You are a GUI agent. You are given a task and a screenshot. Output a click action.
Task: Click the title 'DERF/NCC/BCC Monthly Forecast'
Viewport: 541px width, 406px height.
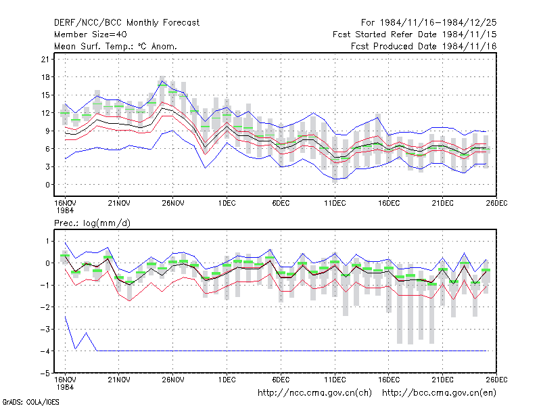126,23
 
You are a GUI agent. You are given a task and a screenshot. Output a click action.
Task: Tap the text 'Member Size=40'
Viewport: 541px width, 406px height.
91,35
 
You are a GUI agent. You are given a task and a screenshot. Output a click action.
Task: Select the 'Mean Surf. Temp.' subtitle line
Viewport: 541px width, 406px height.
116,46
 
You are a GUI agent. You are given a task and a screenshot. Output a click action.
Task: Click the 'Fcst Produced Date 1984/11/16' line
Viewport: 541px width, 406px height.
424,46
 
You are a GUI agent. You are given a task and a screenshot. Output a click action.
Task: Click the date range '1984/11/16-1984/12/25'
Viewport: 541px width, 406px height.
438,23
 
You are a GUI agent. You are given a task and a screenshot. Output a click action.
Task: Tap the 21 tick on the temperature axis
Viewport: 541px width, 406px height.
45,60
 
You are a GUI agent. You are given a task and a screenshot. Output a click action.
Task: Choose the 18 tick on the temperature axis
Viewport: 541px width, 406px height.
45,77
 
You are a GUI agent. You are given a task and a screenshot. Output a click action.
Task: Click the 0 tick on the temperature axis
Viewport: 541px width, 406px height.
47,185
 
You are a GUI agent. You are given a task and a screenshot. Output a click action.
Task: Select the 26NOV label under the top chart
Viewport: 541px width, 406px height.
173,203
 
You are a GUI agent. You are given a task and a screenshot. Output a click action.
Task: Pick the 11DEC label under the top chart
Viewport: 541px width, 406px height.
335,203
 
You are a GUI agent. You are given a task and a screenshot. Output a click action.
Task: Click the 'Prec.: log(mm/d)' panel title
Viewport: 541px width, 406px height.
92,223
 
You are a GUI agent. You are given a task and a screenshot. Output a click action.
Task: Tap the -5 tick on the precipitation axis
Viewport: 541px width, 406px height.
45,374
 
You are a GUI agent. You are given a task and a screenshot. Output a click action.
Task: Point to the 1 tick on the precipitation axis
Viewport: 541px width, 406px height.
47,241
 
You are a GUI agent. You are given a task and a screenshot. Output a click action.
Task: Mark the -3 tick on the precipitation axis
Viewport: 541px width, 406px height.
45,329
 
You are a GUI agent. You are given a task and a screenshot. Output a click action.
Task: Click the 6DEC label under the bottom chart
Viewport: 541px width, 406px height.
281,380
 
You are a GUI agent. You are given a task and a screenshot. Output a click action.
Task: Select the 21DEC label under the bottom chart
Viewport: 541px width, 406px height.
443,380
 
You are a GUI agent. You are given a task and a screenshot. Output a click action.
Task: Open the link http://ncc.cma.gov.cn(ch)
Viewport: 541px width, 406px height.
315,393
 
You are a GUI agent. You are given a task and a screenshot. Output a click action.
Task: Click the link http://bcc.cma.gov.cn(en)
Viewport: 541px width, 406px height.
439,393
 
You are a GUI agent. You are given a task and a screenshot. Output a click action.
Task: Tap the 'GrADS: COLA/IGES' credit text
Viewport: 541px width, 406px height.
30,402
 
